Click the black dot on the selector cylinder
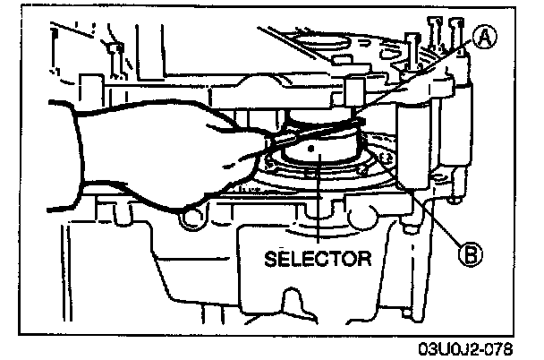tap(311, 150)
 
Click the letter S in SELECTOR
tap(269, 261)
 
